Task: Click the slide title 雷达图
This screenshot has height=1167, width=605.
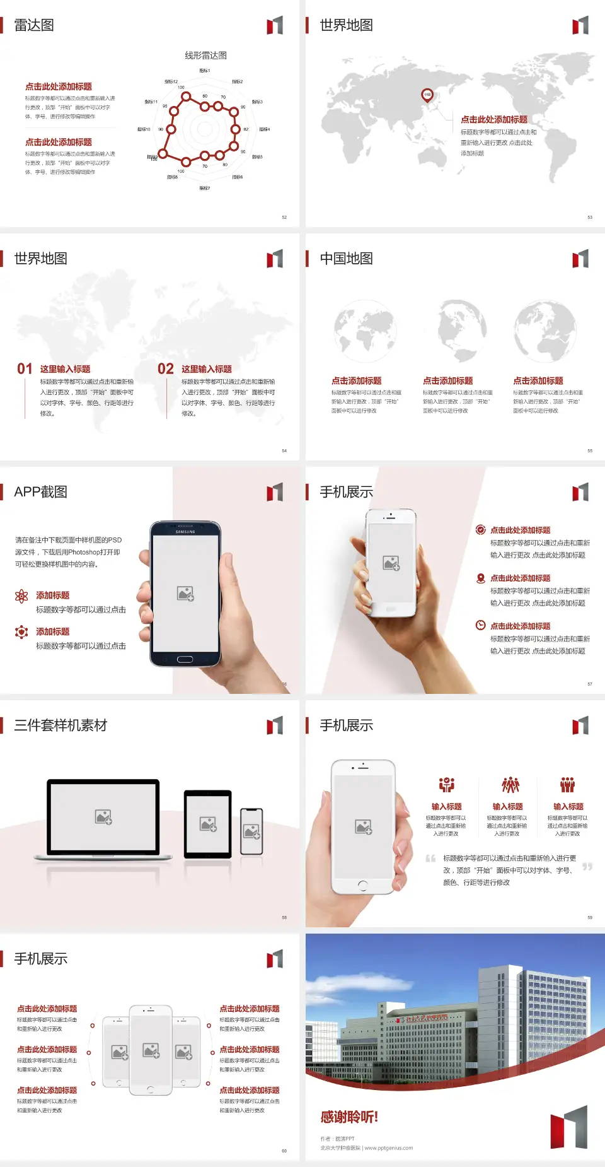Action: tap(34, 25)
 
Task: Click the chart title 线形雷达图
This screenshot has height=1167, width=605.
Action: tap(205, 56)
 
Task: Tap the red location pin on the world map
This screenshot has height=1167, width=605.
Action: tap(427, 95)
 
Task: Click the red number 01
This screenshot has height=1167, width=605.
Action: tap(25, 369)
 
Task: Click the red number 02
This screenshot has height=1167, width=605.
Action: tap(166, 369)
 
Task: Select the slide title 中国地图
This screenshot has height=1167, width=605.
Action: tap(346, 259)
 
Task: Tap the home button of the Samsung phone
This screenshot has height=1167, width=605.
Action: tap(185, 659)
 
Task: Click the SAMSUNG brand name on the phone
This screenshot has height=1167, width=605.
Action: tap(185, 532)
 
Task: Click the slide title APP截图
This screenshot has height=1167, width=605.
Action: tap(40, 492)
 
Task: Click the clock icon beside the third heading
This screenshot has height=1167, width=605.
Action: tap(480, 625)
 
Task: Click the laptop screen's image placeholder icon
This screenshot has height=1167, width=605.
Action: tap(103, 817)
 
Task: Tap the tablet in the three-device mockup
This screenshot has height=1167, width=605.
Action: tap(208, 823)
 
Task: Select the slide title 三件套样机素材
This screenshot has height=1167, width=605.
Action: tap(60, 725)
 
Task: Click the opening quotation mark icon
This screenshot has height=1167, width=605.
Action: tap(430, 859)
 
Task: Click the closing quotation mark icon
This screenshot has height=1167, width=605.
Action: tap(587, 867)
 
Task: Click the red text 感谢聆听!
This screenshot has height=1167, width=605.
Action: tap(349, 1117)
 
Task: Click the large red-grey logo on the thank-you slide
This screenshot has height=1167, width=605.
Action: tap(568, 1127)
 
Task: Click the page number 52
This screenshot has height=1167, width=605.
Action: tap(284, 218)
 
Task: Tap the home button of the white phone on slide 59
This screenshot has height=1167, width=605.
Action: tap(362, 886)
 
